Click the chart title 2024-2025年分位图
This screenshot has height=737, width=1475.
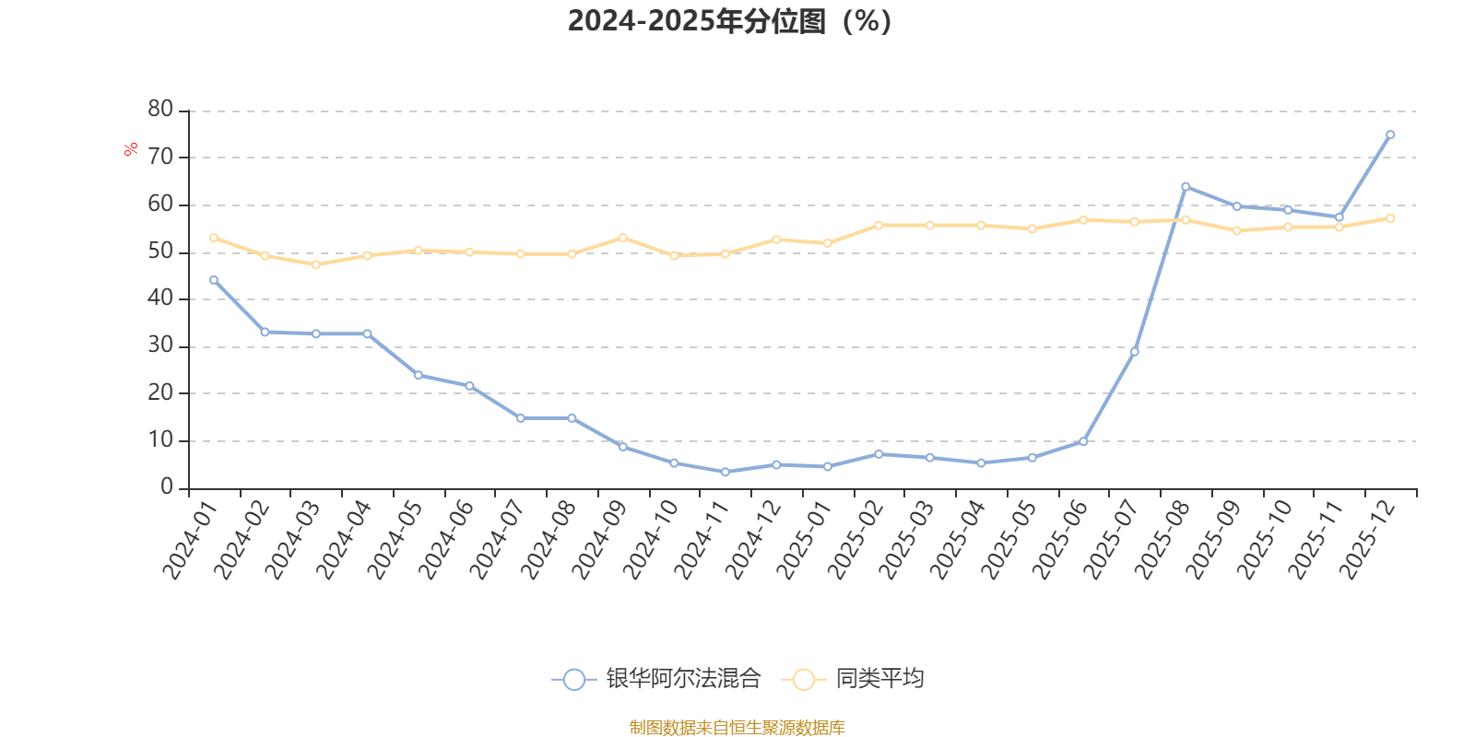pyautogui.click(x=729, y=21)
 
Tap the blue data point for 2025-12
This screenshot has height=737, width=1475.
pyautogui.click(x=1390, y=135)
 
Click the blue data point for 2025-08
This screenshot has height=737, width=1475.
pyautogui.click(x=1186, y=186)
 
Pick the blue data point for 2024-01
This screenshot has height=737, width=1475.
pyautogui.click(x=214, y=279)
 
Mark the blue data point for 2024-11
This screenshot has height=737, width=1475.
pyautogui.click(x=726, y=472)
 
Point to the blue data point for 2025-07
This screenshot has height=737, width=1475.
pyautogui.click(x=1135, y=351)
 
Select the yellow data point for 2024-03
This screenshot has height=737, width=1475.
pyautogui.click(x=316, y=264)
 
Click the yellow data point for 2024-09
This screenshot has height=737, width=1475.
pyautogui.click(x=623, y=238)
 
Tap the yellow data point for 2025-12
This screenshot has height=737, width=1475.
pyautogui.click(x=1390, y=217)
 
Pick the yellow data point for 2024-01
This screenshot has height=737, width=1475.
pyautogui.click(x=214, y=238)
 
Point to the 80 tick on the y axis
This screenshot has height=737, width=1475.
pyautogui.click(x=160, y=109)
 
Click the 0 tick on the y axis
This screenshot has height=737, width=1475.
pyautogui.click(x=167, y=486)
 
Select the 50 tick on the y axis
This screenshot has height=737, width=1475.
pyautogui.click(x=160, y=251)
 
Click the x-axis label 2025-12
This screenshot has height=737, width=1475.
pyautogui.click(x=1366, y=541)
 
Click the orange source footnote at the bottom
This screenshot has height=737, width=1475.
pyautogui.click(x=737, y=728)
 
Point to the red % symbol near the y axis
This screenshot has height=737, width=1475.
pyautogui.click(x=131, y=149)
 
